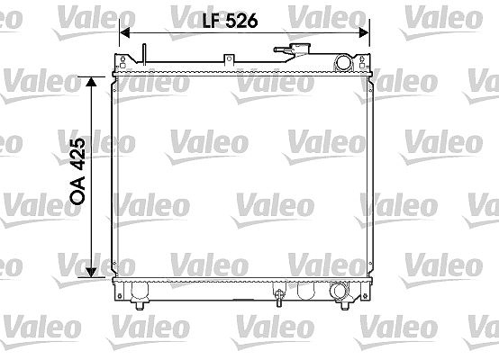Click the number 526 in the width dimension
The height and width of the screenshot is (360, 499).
[241, 21]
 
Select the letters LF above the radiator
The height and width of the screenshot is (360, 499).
[212, 21]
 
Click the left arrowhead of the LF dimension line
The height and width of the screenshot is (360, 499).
[124, 32]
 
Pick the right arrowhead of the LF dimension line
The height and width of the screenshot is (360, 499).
[364, 32]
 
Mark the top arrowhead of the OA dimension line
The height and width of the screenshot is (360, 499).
[91, 82]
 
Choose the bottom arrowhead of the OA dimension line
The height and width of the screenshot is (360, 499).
[91, 272]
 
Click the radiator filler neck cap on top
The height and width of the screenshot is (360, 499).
[300, 49]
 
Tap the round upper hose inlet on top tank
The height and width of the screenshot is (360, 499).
[343, 62]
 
